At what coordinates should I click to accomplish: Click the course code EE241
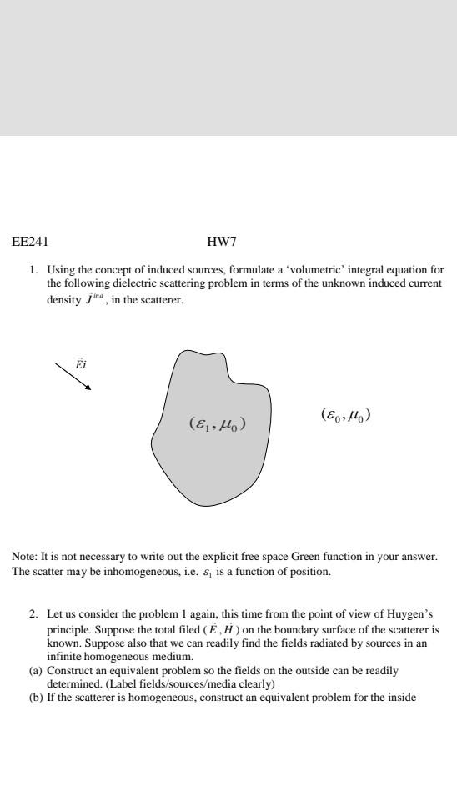30,243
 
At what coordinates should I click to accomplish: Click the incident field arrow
73,376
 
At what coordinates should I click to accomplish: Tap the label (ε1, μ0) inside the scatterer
217,425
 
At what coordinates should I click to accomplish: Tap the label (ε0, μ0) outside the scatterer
345,413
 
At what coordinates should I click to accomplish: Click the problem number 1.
33,270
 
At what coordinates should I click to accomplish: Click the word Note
23,556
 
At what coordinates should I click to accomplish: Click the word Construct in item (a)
68,669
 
